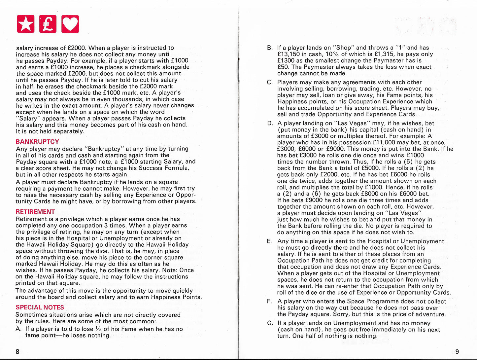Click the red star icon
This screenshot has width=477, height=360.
point(25,24)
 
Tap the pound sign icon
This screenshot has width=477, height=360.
point(48,24)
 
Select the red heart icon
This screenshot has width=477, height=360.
point(70,24)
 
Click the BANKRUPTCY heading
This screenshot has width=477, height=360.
point(37,142)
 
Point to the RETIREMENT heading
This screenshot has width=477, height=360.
point(35,212)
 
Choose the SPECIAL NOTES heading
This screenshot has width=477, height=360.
point(40,307)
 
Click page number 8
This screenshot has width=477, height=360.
point(17,351)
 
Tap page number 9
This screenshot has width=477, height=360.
point(457,351)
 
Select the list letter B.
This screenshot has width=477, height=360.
point(270,48)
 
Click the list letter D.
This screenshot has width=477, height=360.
point(270,124)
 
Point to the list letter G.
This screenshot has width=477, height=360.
point(270,323)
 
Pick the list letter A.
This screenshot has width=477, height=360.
point(18,329)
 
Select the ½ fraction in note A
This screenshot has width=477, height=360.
point(98,329)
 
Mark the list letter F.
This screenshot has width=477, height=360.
point(269,302)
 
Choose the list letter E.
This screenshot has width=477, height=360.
point(269,241)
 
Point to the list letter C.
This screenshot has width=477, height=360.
point(270,83)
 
